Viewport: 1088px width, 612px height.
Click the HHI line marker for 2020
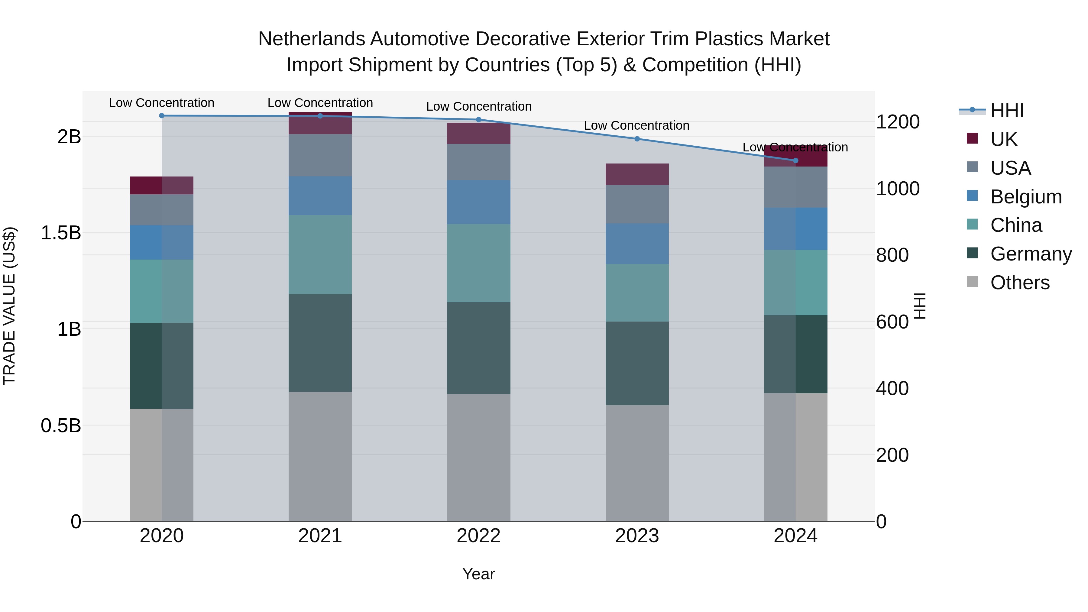coord(162,115)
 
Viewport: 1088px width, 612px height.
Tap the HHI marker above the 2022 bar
coord(478,119)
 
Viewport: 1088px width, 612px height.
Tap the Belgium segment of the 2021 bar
coord(320,196)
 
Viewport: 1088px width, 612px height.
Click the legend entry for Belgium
coord(1025,197)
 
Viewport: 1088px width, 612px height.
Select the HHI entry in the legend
coord(1007,111)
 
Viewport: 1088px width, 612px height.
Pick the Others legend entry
coord(1020,283)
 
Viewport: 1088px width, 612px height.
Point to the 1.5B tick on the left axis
coord(61,233)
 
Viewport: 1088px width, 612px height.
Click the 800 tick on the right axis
coord(892,255)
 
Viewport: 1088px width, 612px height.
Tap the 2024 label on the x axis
coord(795,536)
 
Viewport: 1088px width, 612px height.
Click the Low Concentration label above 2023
coord(636,125)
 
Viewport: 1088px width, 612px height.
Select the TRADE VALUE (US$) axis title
coord(9,306)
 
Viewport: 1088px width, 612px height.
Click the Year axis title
coord(478,574)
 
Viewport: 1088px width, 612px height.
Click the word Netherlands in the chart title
coord(312,39)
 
